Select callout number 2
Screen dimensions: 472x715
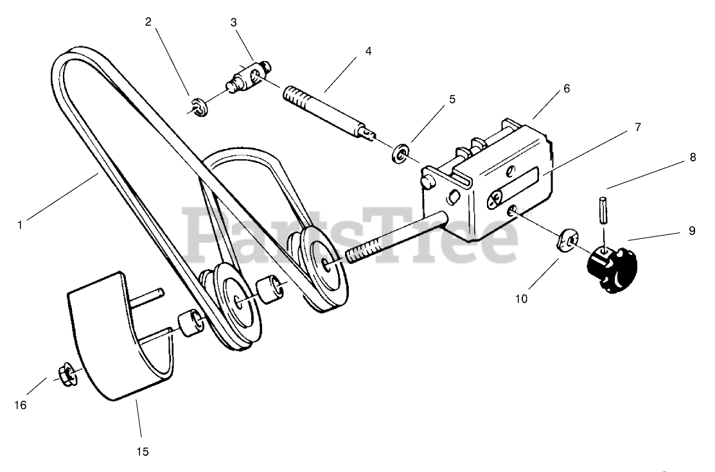pos(148,22)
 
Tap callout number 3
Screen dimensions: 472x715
pos(234,22)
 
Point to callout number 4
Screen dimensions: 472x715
pos(368,51)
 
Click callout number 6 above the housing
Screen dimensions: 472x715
pos(567,89)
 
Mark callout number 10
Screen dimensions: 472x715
pos(521,299)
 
